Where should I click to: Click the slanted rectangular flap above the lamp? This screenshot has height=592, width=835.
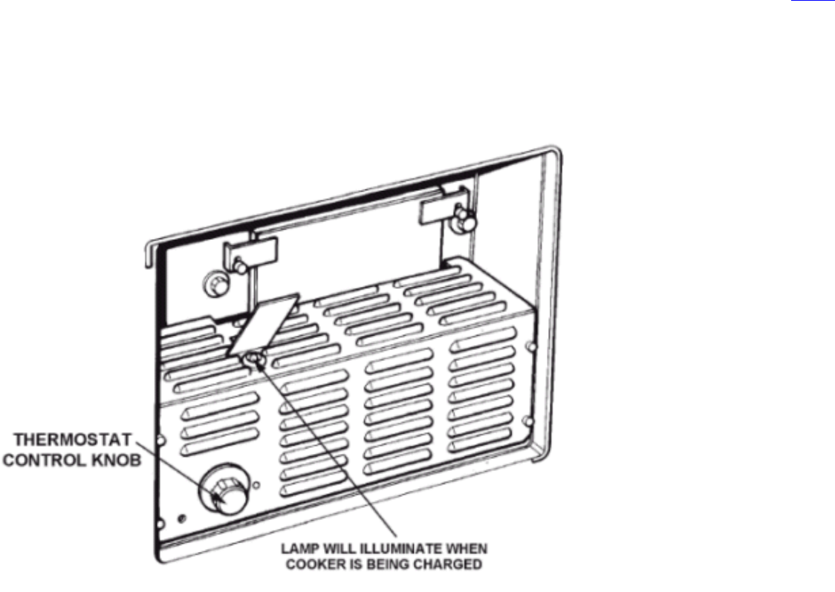(264, 322)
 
